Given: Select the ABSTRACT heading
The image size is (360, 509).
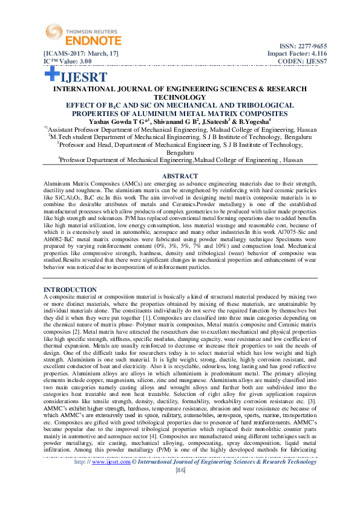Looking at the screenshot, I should click(x=180, y=175).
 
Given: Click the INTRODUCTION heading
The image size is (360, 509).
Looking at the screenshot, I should click(x=70, y=290).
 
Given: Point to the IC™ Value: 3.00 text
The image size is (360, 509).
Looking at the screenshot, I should click(x=67, y=61).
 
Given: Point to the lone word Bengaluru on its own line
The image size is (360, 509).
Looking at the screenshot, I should click(x=180, y=153).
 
